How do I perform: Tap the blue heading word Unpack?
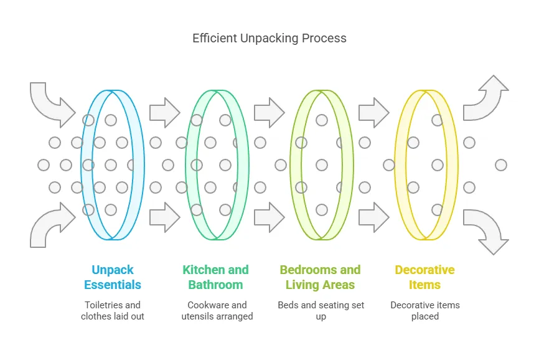(113, 270)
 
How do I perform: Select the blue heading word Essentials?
(113, 285)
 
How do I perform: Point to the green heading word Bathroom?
(215, 285)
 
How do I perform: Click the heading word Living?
(302, 285)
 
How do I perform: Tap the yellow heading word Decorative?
(424, 270)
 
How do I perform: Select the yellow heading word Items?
(424, 285)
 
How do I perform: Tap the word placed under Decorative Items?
(425, 316)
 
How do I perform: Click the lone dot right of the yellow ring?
(501, 165)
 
